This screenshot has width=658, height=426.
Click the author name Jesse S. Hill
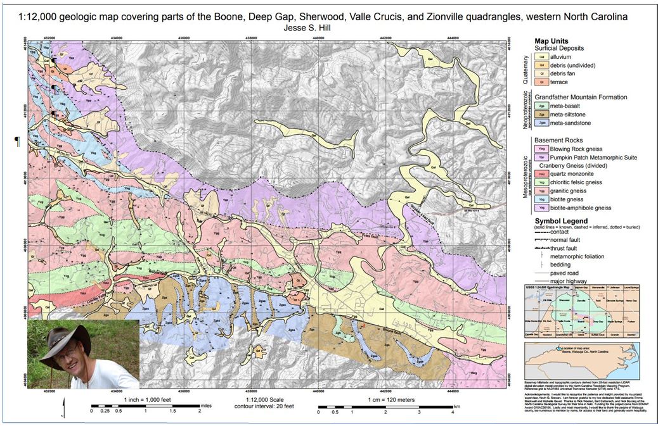click(x=329, y=28)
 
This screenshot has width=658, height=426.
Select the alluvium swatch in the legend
click(x=542, y=57)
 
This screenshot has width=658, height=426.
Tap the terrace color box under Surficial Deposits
click(x=542, y=82)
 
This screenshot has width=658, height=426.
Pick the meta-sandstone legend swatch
click(x=542, y=123)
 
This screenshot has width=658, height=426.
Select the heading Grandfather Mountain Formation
click(x=581, y=97)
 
